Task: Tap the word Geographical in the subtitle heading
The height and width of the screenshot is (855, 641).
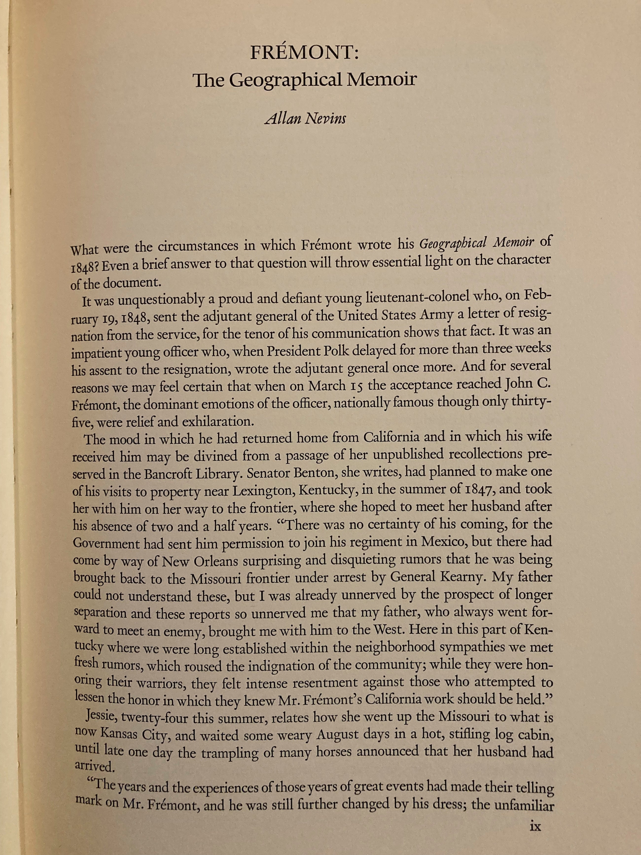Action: tap(285, 80)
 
